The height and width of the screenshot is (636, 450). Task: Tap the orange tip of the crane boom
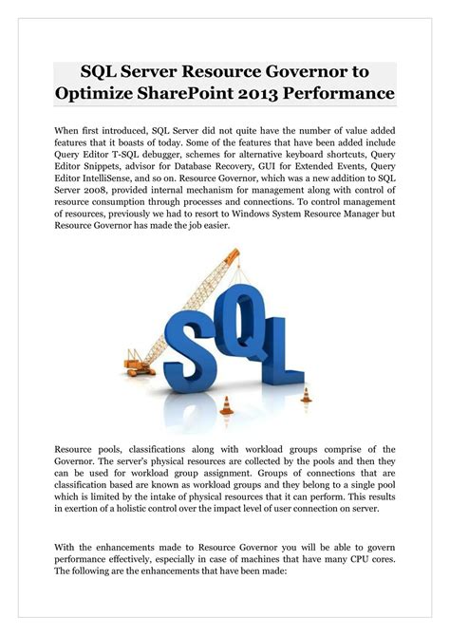(234, 251)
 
